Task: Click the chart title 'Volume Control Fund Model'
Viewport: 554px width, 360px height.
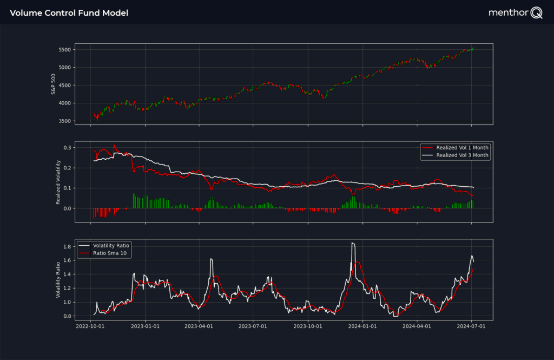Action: [x=69, y=12]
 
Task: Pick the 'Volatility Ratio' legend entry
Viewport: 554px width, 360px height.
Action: [x=111, y=245]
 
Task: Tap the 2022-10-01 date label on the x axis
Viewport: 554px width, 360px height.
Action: [x=90, y=326]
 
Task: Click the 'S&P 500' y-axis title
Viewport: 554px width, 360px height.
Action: [x=54, y=84]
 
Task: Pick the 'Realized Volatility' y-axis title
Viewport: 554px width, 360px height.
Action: [x=58, y=182]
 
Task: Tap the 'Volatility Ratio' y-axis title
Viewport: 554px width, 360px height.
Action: [x=58, y=280]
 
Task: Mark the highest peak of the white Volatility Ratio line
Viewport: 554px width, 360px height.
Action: [x=353, y=243]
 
